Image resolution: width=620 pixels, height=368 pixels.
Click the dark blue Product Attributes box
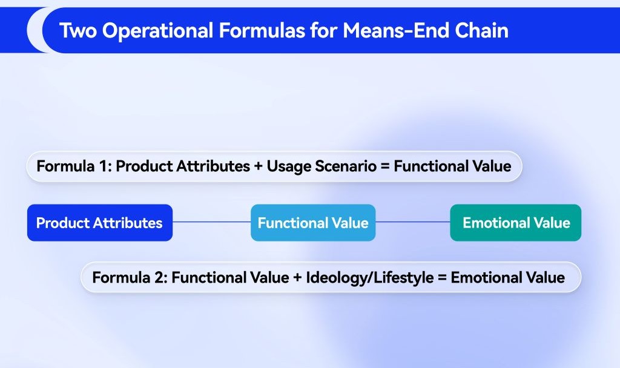100,223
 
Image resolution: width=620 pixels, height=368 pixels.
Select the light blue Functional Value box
313,223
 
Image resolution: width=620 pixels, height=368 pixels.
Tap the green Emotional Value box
516,223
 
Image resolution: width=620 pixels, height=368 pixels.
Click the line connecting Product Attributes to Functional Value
211,222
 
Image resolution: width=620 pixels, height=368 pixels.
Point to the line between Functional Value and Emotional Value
413,222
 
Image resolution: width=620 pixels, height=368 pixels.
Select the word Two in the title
78,30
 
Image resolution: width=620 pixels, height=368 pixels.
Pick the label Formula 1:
74,166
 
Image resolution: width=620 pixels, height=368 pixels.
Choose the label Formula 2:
130,277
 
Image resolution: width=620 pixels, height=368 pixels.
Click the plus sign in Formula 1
258,166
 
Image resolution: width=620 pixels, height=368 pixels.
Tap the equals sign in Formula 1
384,166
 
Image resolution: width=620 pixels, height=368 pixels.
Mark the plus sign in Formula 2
297,278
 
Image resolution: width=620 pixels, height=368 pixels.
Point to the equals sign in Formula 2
442,278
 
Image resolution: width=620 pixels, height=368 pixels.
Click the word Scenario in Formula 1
346,166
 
